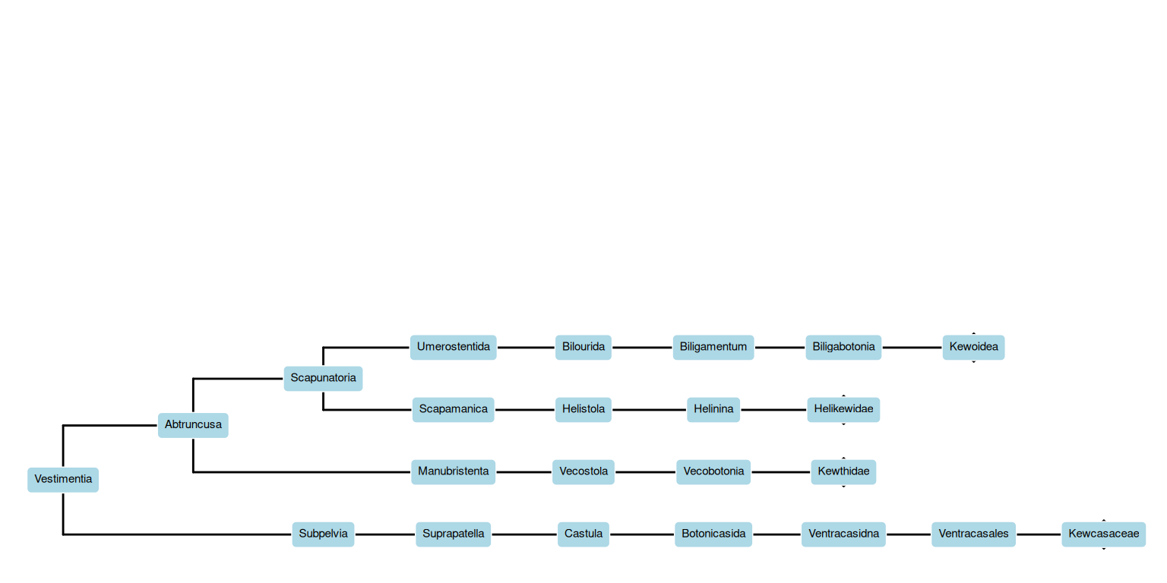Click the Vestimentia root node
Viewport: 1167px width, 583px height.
(x=63, y=480)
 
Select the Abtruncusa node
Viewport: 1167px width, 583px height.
(x=193, y=425)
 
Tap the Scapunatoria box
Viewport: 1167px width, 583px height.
(x=323, y=378)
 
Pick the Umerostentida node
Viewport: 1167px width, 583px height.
(x=453, y=347)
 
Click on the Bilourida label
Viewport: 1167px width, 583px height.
(x=583, y=347)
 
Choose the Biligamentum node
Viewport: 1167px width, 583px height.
(x=713, y=347)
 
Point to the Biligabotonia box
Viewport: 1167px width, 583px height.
(x=843, y=347)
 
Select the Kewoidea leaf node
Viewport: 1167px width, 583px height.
(x=973, y=347)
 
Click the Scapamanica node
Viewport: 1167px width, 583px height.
(x=453, y=409)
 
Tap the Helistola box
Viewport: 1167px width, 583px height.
(x=583, y=409)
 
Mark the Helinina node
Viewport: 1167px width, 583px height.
(x=713, y=409)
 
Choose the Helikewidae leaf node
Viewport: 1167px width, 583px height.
(x=843, y=409)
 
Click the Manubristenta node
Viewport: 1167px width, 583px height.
(x=453, y=471)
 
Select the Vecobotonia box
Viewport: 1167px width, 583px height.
(x=713, y=471)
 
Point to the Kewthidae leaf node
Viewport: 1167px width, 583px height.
(x=843, y=471)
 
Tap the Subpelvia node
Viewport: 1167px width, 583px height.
(x=323, y=534)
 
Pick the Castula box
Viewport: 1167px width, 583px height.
(x=583, y=534)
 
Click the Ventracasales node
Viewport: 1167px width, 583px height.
(x=973, y=534)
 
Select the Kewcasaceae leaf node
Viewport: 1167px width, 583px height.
(x=1103, y=534)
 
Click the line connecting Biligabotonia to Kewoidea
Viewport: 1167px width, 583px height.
(x=912, y=347)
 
